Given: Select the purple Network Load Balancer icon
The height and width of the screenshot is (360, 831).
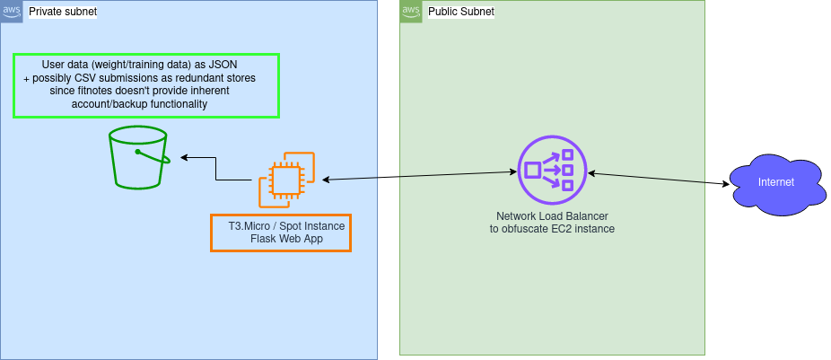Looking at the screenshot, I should [x=551, y=170].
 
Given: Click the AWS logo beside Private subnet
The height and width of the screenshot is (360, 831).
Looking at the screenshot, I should [x=12, y=11].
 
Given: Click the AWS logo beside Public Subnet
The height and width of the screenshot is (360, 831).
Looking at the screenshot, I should [x=411, y=11].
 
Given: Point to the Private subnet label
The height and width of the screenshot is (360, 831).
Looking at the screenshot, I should [x=63, y=13].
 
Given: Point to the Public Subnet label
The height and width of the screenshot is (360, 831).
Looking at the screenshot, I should [x=461, y=12].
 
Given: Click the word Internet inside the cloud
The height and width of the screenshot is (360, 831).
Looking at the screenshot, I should [x=775, y=182].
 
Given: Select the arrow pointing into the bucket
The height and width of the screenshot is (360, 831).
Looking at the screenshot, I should [x=199, y=158].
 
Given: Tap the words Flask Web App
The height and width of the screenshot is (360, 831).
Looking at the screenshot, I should [x=281, y=239].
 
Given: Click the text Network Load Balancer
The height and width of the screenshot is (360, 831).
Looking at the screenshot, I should [x=551, y=217].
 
